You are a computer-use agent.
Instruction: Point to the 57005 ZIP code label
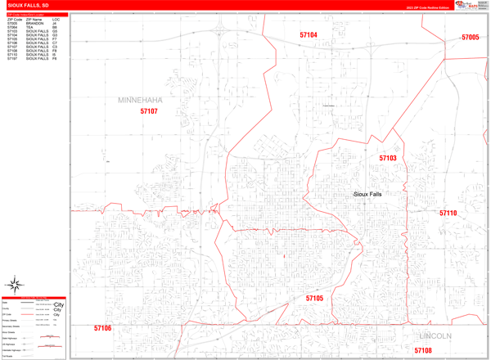(x=471, y=37)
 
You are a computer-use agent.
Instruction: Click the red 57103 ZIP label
(x=387, y=158)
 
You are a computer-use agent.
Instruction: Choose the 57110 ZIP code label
(x=448, y=213)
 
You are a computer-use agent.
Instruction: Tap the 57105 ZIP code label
(x=315, y=299)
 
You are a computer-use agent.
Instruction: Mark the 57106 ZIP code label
(x=102, y=328)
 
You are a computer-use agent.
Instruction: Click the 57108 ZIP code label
(x=422, y=350)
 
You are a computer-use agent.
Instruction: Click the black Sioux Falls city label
(x=367, y=194)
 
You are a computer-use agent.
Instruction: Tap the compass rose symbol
(x=14, y=286)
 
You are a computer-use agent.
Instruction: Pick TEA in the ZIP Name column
(x=29, y=27)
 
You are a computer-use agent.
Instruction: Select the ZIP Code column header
(x=15, y=18)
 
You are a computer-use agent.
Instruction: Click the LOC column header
(x=55, y=18)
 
